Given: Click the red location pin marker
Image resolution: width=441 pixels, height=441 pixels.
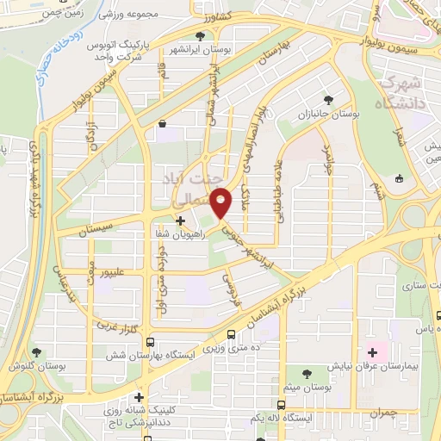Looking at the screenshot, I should [x=222, y=203].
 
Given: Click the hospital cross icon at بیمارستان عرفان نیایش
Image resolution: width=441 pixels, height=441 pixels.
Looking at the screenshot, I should [x=371, y=351].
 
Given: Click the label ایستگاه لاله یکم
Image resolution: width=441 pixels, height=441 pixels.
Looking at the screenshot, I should [x=257, y=417].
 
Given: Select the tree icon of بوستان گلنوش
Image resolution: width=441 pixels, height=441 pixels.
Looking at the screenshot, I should [x=35, y=351].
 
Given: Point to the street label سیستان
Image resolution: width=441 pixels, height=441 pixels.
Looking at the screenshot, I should [x=96, y=232].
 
